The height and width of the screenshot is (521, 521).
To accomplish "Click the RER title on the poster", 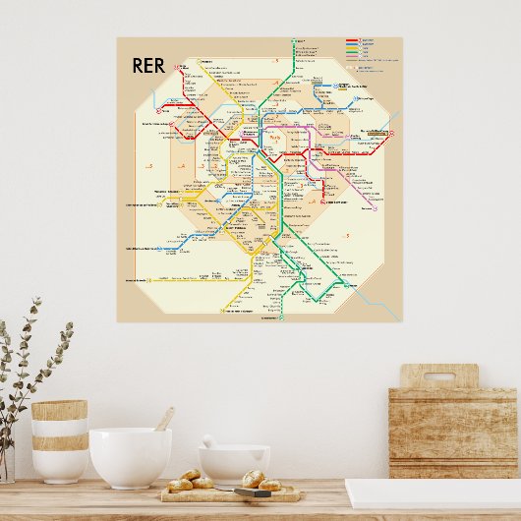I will (148, 67).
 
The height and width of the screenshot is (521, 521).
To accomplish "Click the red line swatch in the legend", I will (351, 40).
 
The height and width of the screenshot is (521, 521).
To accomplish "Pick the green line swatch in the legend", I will (351, 48).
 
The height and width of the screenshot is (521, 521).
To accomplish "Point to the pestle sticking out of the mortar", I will (209, 441).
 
